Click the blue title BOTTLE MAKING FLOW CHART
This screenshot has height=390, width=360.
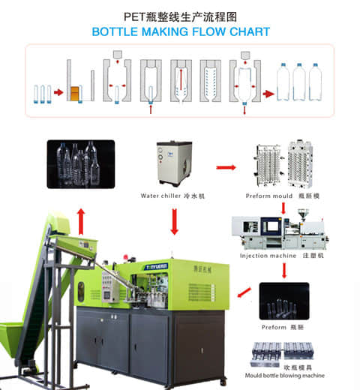pos(180,32)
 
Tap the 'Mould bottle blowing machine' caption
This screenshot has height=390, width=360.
pos(284,375)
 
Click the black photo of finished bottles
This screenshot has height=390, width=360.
pos(81,163)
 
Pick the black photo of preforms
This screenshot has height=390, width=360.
pos(283,301)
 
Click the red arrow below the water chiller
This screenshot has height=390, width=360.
pos(174,221)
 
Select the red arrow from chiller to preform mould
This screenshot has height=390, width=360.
pos(226,167)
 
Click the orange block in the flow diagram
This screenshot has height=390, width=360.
pos(75,94)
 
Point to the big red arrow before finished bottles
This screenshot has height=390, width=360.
pos(268,94)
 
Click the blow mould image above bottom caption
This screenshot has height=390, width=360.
pos(283,353)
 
